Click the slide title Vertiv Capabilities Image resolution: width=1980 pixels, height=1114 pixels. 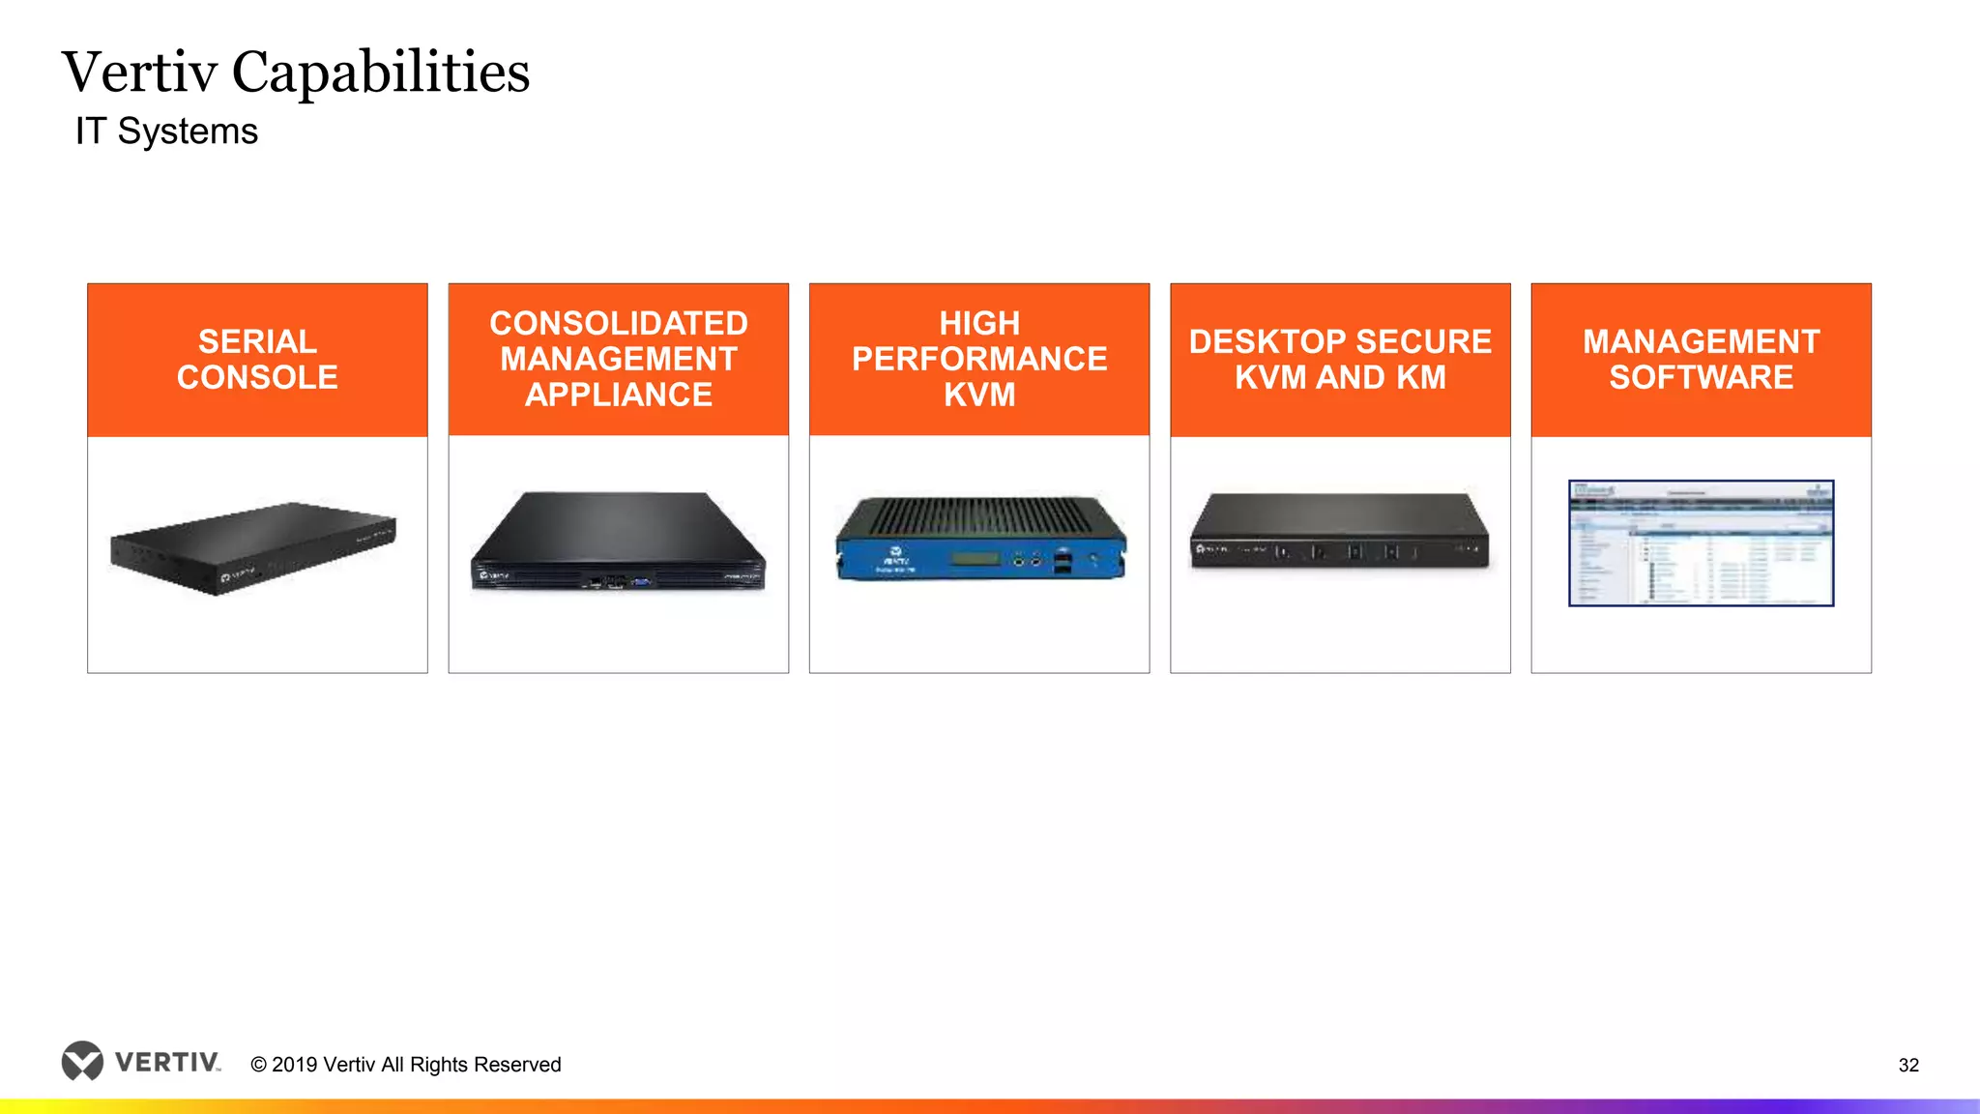pos(296,73)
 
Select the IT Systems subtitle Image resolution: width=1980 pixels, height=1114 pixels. pos(166,132)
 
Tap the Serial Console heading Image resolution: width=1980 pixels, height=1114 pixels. pos(257,360)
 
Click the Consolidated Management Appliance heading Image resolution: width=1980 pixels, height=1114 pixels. pos(619,359)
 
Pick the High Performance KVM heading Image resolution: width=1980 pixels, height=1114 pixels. pos(979,359)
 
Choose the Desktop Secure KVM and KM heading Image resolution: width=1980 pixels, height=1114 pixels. pos(1340,360)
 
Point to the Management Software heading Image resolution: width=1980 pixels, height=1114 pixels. pos(1701,360)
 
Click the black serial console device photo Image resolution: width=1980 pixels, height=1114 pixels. pos(253,547)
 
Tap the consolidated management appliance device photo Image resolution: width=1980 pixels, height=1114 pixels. pos(619,542)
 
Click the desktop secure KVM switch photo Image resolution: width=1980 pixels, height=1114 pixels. pos(1340,532)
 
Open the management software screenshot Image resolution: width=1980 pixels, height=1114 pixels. pos(1701,543)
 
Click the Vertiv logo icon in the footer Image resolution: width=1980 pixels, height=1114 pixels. pos(82,1061)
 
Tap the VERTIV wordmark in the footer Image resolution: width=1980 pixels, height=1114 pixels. pos(167,1063)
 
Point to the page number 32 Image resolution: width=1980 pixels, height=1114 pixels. pos(1908,1065)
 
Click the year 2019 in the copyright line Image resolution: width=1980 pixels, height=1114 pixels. pos(295,1065)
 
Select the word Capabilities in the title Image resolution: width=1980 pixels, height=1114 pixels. pos(381,73)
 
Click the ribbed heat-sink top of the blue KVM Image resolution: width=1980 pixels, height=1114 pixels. pos(980,516)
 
